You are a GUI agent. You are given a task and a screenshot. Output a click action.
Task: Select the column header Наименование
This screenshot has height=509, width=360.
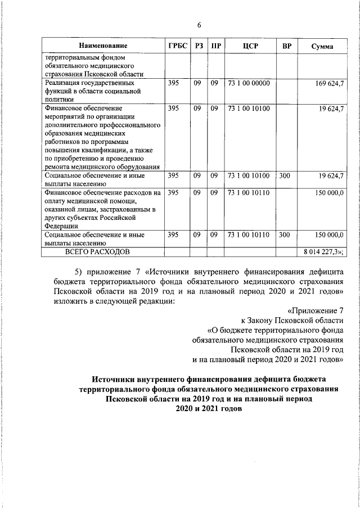pyautogui.click(x=103, y=46)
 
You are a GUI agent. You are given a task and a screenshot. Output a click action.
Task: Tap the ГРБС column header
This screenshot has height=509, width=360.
pyautogui.click(x=177, y=46)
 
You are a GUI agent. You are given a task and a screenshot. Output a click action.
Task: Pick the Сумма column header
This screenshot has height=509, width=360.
pyautogui.click(x=322, y=46)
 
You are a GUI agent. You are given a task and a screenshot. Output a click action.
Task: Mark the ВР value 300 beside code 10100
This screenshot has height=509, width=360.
pyautogui.click(x=285, y=176)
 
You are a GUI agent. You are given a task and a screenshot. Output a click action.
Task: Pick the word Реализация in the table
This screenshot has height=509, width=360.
pyautogui.click(x=61, y=83)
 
